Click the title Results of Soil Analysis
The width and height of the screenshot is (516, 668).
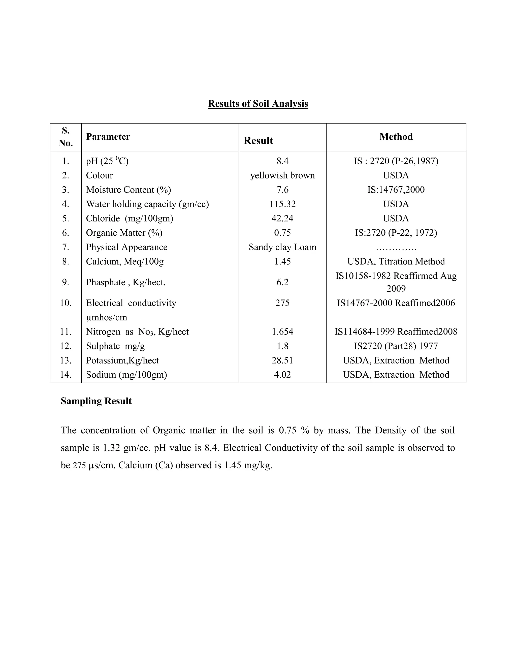coord(258,104)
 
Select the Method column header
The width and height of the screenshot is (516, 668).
coord(396,137)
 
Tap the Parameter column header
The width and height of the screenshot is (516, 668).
coord(108,137)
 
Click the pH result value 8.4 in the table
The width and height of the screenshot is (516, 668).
coord(282,161)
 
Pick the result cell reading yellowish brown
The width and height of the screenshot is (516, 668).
coord(282,175)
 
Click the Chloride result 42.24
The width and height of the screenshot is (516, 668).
coord(282,218)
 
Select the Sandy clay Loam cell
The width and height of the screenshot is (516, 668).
coord(282,247)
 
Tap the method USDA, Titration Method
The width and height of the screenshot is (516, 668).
coord(396,261)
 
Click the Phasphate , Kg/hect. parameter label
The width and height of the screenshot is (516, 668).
coord(126,282)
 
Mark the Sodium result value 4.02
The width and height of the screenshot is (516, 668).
coord(282,375)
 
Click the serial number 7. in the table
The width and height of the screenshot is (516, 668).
coord(66,247)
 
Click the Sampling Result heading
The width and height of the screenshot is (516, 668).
coord(96,401)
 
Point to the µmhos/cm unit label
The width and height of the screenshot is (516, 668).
coord(106,317)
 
